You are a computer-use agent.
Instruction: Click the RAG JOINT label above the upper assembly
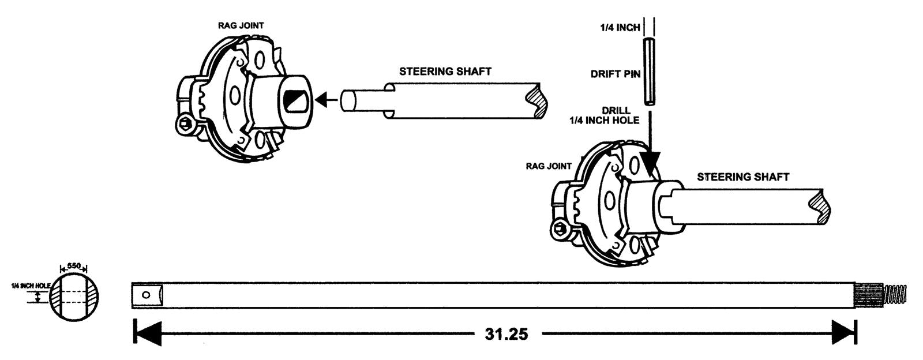pyautogui.click(x=241, y=26)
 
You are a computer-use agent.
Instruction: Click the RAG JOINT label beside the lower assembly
pyautogui.click(x=549, y=166)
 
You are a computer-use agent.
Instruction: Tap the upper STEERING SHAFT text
pyautogui.click(x=445, y=72)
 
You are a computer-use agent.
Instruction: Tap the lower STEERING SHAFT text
pyautogui.click(x=743, y=177)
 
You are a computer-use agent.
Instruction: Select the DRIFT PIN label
pyautogui.click(x=616, y=74)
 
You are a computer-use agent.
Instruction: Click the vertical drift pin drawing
pyautogui.click(x=650, y=72)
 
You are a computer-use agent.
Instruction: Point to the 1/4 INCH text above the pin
pyautogui.click(x=620, y=27)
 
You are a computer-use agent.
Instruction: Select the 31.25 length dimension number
pyautogui.click(x=506, y=334)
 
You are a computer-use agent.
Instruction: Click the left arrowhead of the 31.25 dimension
pyautogui.click(x=147, y=333)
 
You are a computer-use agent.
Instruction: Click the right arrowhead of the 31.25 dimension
pyautogui.click(x=843, y=333)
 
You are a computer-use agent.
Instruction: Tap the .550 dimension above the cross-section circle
pyautogui.click(x=73, y=267)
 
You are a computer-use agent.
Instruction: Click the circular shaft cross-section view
pyautogui.click(x=74, y=297)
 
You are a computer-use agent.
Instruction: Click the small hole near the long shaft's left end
pyautogui.click(x=146, y=295)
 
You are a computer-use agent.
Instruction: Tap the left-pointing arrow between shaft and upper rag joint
pyautogui.click(x=327, y=101)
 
